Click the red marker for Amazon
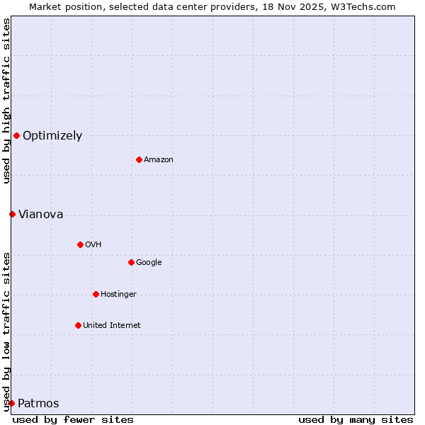tap(139, 159)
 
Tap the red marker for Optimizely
tap(16, 135)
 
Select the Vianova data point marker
tap(12, 214)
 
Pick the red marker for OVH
tap(80, 244)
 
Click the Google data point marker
tap(131, 262)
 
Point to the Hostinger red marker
tap(96, 294)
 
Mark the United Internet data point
tap(78, 325)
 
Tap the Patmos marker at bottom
tap(11, 403)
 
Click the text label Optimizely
tap(52, 136)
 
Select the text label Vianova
tap(40, 215)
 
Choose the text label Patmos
tap(38, 404)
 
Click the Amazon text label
tap(159, 160)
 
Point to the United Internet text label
tap(112, 326)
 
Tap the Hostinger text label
tap(118, 295)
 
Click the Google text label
tap(149, 263)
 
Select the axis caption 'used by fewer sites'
tap(73, 419)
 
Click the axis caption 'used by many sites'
tap(356, 419)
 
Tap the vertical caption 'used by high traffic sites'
tap(6, 101)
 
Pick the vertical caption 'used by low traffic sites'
tap(6, 331)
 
